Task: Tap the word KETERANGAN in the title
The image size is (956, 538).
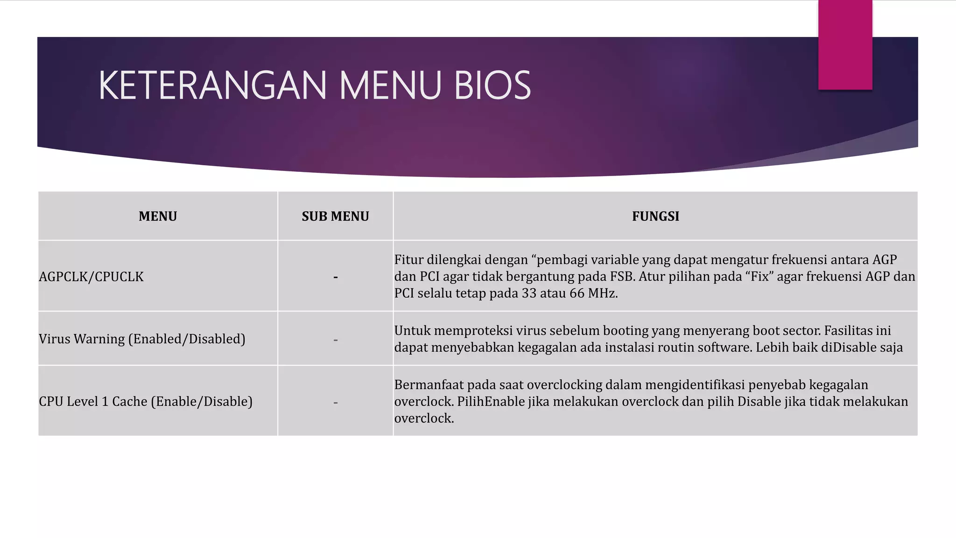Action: (x=212, y=85)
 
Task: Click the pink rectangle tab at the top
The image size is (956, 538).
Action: (x=845, y=45)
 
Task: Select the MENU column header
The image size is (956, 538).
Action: (x=158, y=216)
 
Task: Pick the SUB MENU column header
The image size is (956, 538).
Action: (x=335, y=216)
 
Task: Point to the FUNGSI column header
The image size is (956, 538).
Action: (x=655, y=216)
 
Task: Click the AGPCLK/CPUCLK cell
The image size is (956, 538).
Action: (x=91, y=276)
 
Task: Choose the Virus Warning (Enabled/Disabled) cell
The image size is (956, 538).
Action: (x=142, y=339)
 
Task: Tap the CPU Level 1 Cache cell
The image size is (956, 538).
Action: (x=146, y=401)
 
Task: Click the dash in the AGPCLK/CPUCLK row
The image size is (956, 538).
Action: (x=335, y=277)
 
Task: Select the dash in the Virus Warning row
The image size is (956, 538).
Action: (x=335, y=340)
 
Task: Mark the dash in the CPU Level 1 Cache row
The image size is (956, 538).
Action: (x=335, y=403)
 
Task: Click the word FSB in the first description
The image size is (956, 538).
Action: (x=622, y=276)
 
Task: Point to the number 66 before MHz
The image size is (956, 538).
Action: (x=577, y=293)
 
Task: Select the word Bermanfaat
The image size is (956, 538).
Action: (x=429, y=385)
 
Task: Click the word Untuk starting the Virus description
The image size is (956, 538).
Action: (x=412, y=331)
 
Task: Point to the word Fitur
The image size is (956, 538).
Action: (x=408, y=260)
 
